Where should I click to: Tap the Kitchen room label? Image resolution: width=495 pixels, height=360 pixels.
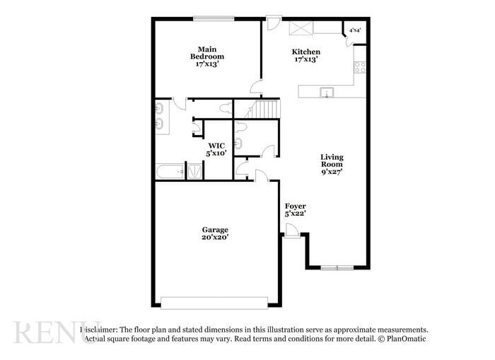point(306,52)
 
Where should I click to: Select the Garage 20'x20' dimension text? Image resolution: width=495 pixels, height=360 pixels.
point(215,238)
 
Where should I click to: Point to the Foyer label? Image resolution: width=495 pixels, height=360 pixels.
point(295,206)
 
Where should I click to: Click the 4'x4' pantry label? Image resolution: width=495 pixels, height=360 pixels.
point(356,30)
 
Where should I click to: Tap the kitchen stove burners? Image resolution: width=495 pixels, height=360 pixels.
point(360,68)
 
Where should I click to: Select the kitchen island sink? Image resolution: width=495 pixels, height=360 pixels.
point(326,92)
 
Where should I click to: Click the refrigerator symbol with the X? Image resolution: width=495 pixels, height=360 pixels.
point(301,28)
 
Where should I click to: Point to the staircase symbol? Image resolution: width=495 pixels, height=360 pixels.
point(267,109)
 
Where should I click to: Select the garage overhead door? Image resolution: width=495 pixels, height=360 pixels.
point(214,302)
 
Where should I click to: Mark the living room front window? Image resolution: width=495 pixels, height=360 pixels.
point(337,268)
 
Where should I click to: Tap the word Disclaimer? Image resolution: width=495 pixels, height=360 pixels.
point(98,330)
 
